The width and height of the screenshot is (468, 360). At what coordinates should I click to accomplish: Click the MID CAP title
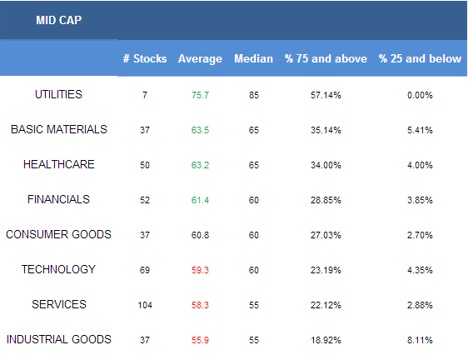[58, 20]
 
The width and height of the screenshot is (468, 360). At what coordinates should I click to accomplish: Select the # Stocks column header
[145, 58]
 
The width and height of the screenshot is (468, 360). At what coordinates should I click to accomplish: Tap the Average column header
[200, 59]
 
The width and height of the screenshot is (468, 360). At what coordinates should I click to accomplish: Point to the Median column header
[253, 58]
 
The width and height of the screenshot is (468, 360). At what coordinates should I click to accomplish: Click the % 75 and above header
[326, 58]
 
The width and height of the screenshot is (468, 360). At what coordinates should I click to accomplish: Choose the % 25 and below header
[420, 58]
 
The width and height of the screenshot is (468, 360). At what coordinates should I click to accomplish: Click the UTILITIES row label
[58, 94]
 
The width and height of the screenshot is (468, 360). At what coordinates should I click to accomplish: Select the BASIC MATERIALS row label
[59, 129]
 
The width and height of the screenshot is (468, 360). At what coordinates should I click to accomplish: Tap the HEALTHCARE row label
[59, 164]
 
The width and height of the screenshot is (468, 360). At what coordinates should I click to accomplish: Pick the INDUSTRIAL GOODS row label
[59, 339]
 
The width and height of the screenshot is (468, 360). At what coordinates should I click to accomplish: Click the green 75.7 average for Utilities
[200, 95]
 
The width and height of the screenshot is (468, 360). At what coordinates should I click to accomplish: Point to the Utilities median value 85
[254, 95]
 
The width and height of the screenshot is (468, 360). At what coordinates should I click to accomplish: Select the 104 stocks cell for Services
[145, 305]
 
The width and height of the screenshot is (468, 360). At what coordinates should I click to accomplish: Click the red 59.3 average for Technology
[200, 270]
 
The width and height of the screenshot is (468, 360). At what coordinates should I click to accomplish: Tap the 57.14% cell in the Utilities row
[326, 95]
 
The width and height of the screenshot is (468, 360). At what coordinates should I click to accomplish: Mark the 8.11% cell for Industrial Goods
[420, 340]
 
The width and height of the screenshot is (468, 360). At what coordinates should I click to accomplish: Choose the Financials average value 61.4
[200, 200]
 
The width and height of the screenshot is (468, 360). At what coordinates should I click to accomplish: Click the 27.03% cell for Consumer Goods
[326, 235]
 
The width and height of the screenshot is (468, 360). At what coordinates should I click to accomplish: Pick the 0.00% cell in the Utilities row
[420, 95]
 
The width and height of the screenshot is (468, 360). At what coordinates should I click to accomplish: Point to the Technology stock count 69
[145, 270]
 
